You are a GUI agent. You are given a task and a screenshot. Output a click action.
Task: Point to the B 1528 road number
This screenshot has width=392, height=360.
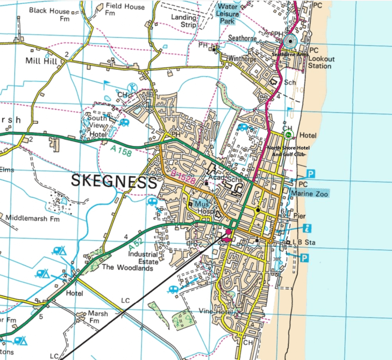[183, 176]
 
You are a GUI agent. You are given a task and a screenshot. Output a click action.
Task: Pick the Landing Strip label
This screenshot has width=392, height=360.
[184, 21]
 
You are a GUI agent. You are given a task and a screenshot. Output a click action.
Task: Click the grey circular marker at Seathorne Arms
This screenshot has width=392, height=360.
[291, 41]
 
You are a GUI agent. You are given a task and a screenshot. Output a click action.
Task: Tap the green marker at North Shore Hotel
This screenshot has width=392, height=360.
[288, 135]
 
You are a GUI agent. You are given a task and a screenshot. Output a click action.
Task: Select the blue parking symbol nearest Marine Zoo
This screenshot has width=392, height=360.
[311, 173]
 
